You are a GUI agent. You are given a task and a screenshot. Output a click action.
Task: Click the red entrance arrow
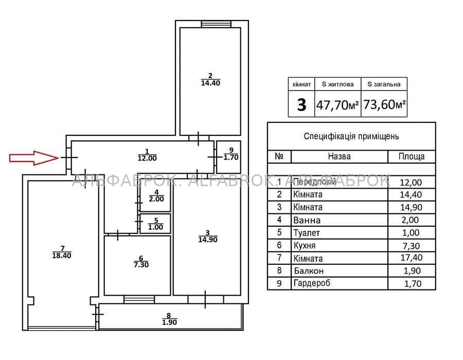[x=34, y=158]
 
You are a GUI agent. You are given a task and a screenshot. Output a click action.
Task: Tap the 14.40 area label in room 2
[x=210, y=83]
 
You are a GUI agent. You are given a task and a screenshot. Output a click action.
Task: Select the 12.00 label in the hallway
[x=147, y=158]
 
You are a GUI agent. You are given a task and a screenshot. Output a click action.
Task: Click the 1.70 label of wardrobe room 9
[x=231, y=157]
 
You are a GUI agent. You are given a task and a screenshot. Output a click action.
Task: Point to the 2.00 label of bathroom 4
[x=156, y=199]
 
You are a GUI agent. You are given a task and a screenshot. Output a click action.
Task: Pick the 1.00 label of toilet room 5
[x=155, y=227]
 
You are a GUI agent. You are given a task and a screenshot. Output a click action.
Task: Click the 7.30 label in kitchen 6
[x=141, y=265]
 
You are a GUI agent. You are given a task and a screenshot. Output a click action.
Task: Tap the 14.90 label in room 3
[x=208, y=240]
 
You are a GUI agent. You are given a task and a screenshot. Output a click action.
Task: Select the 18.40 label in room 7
[x=62, y=256]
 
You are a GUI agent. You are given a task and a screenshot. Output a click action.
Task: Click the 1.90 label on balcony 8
[x=169, y=322]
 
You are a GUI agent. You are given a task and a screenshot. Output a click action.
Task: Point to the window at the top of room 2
[x=216, y=24]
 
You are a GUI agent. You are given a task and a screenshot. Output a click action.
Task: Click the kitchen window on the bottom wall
[x=139, y=299]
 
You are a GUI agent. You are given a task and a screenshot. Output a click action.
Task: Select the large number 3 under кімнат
[x=301, y=105]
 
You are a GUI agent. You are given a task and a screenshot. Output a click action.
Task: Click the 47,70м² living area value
[x=337, y=105]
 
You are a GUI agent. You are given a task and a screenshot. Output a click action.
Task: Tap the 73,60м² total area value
[x=384, y=104]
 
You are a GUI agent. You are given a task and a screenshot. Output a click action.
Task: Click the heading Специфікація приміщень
[x=351, y=136]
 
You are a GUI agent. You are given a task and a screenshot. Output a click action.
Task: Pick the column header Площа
[x=412, y=156]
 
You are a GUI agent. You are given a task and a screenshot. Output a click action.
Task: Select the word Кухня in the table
[x=305, y=245]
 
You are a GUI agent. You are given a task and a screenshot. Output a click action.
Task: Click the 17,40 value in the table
[x=412, y=258]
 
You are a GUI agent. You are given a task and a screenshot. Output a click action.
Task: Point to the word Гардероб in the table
[x=312, y=283]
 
